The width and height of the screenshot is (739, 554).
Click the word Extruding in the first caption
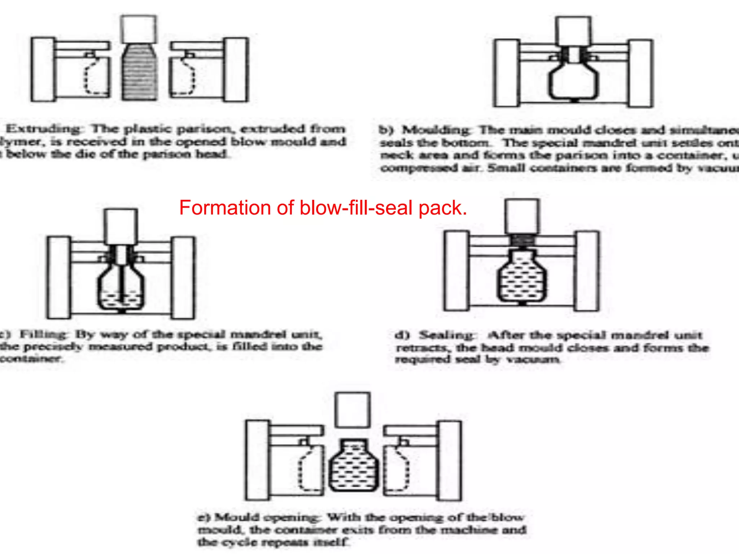44,129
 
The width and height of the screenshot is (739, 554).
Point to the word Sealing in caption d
447,335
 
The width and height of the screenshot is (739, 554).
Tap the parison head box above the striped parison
139,29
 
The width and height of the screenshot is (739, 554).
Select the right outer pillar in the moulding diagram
641,74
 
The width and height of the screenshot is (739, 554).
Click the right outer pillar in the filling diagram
183,278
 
